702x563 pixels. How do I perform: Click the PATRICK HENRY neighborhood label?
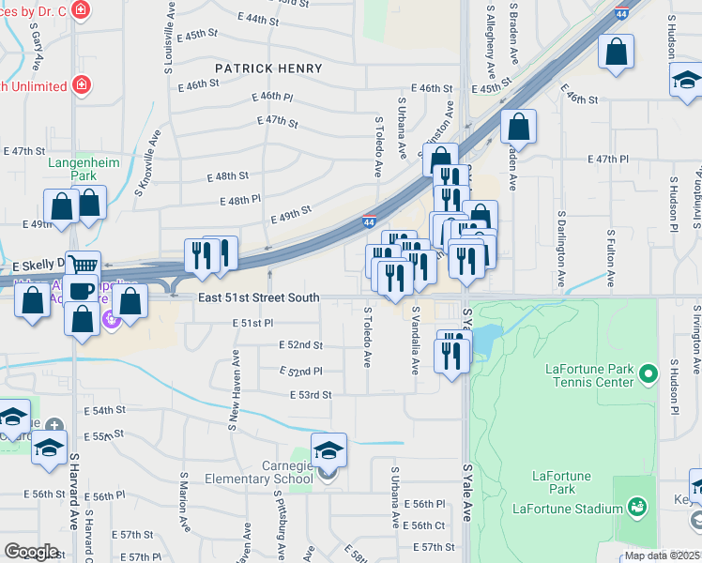(x=268, y=68)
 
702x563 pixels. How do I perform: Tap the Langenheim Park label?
(x=84, y=169)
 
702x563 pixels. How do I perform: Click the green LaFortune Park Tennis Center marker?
(x=648, y=376)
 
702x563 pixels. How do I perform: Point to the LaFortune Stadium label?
(x=569, y=509)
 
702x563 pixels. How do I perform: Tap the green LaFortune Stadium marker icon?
(x=637, y=508)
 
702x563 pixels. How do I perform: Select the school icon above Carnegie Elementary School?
(x=328, y=451)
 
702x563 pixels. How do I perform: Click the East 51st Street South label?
(x=259, y=297)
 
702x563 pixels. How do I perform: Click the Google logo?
(x=31, y=551)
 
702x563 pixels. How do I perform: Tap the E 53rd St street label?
(x=311, y=395)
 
